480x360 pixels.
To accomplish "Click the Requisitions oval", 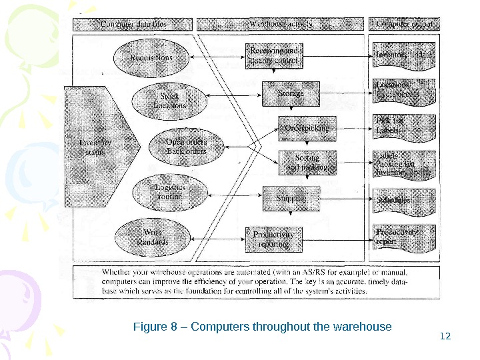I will point(151,57).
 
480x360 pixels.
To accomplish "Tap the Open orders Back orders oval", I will point(185,146).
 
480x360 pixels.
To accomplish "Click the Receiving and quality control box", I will point(274,56).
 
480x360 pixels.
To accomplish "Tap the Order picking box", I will point(307,127).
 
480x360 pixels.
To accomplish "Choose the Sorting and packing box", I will point(307,163).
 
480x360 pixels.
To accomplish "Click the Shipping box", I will point(291,198).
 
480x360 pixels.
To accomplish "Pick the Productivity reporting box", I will point(274,239).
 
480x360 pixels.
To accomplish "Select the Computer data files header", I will point(134,25).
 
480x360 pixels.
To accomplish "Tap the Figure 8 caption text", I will point(262,327).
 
